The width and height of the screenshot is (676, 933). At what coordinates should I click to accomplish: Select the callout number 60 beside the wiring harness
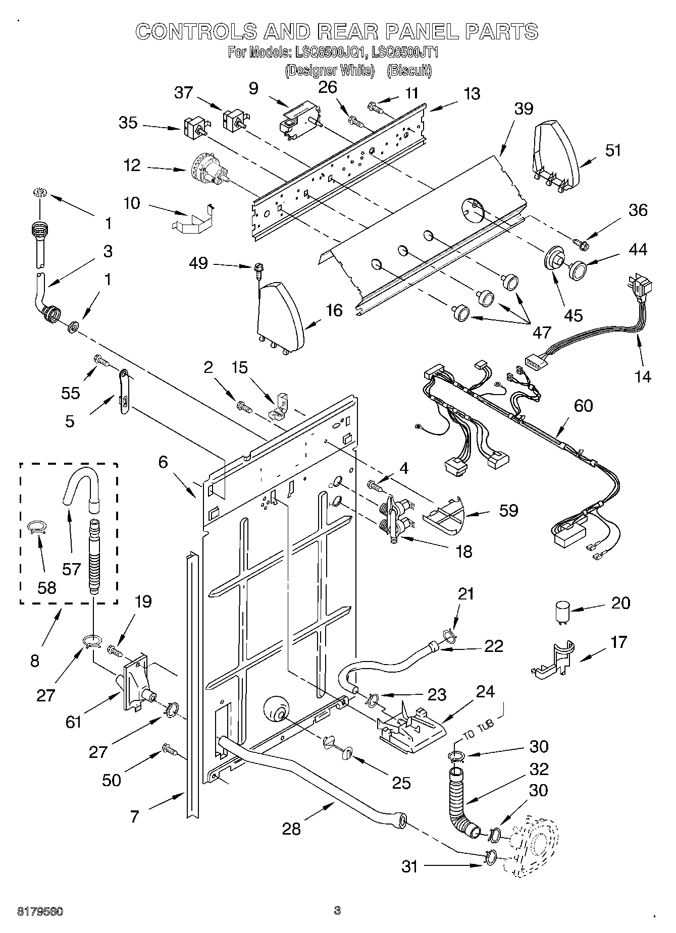click(583, 406)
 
